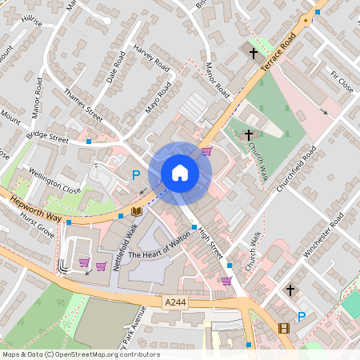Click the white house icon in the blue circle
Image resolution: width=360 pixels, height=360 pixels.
(x=180, y=173)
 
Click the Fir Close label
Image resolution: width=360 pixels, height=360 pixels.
(x=341, y=82)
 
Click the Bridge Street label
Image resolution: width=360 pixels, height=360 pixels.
(x=47, y=139)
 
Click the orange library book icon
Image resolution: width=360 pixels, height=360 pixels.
(x=137, y=211)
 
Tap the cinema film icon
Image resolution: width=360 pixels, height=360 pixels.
(x=283, y=328)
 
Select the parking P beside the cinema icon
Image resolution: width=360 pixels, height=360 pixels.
(x=302, y=317)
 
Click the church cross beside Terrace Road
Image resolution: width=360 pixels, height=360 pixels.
(x=254, y=54)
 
